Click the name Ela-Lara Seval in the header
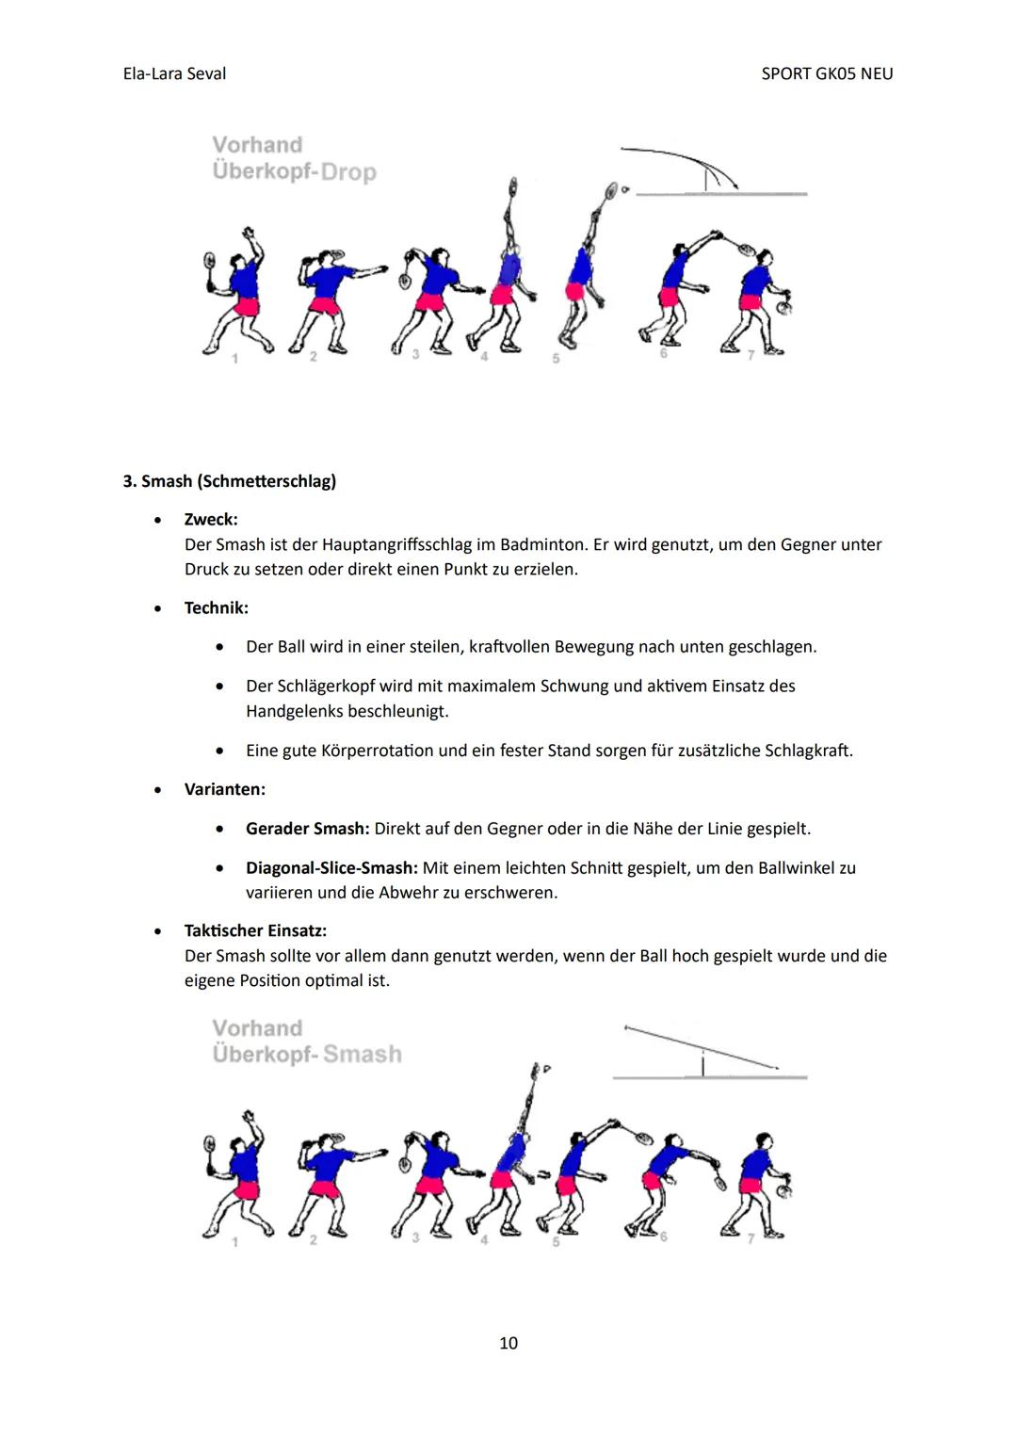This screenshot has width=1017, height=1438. (174, 73)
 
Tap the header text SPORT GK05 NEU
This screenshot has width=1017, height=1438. (827, 73)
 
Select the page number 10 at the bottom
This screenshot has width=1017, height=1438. (508, 1343)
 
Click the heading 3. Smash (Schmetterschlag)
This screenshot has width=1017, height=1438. (229, 481)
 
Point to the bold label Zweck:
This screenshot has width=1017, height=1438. (211, 519)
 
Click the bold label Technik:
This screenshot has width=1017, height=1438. (217, 608)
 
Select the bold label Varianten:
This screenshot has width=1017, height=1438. (225, 789)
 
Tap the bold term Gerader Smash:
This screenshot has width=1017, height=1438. (307, 829)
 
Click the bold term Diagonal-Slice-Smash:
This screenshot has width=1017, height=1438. (331, 867)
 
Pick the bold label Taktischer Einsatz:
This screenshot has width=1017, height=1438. (255, 930)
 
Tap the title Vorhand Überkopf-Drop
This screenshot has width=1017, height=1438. (293, 158)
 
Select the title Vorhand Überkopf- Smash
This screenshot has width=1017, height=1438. (306, 1041)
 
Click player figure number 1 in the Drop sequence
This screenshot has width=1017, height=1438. (236, 292)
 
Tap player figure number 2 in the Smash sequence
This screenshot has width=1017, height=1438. (325, 1177)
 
